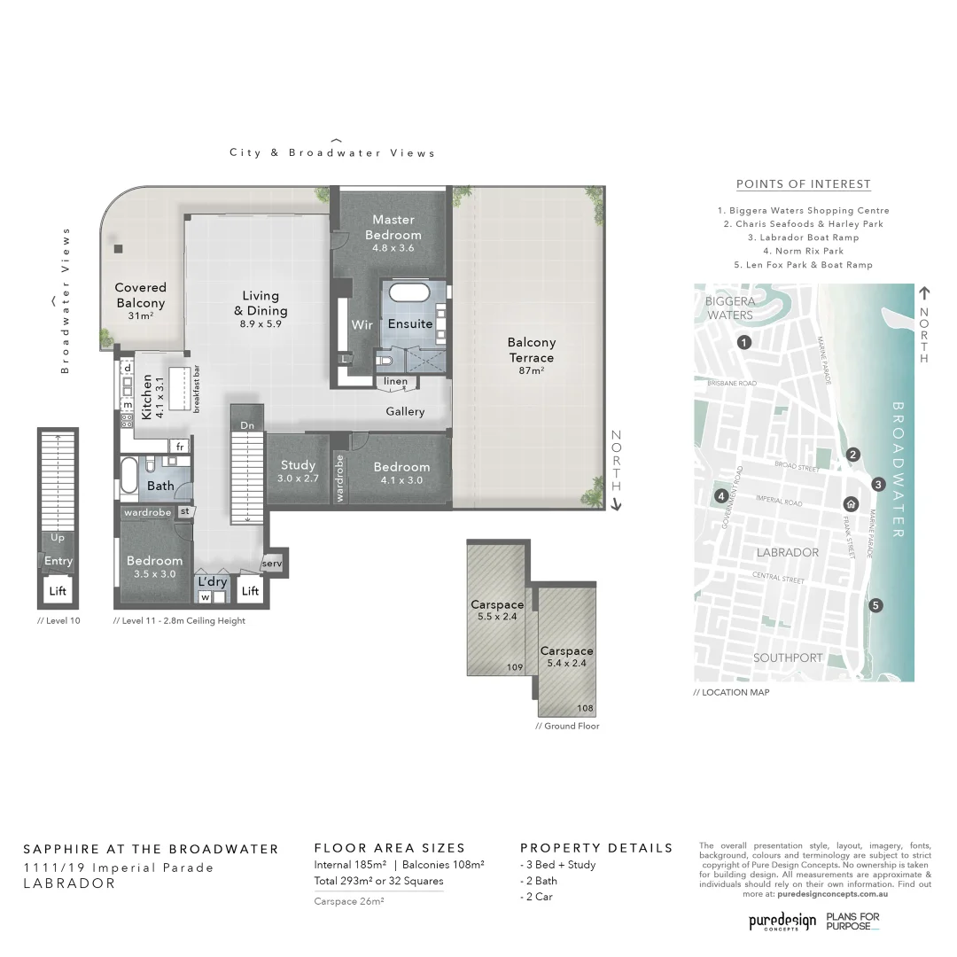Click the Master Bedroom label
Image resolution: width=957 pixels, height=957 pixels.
393,228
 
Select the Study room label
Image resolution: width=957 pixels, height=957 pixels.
298,465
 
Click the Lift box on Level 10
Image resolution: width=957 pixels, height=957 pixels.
58,591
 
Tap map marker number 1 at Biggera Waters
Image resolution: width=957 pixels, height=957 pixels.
744,342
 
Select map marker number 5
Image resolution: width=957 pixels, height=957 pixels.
875,605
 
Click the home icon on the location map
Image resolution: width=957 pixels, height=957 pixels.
851,504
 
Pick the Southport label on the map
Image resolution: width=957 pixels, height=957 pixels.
788,658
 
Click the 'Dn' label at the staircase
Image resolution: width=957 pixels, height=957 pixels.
247,425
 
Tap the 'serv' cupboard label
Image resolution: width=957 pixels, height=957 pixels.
271,564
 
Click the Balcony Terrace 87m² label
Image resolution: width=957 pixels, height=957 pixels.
531,350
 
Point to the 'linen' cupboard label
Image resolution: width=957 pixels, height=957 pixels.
396,382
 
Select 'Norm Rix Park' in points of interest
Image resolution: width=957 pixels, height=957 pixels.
803,251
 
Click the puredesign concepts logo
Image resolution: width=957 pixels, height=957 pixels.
782,922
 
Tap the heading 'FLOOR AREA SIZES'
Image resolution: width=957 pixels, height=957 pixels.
389,848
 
